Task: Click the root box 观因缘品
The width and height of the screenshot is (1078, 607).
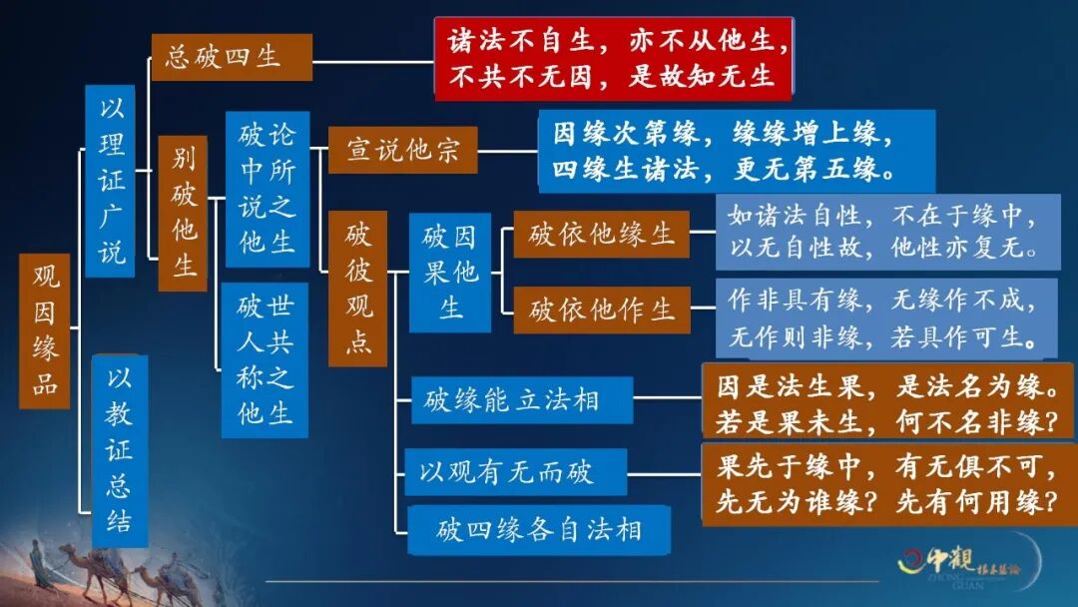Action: coord(45,330)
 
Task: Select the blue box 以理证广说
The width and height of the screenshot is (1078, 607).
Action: coord(110,180)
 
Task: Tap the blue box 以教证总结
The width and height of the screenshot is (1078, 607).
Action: coord(119,450)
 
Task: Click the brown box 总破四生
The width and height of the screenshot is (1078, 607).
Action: coord(231,57)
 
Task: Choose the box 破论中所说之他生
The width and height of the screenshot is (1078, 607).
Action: coord(267,189)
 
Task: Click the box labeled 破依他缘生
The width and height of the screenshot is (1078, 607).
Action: coord(601,235)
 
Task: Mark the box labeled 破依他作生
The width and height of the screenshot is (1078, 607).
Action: coord(601,309)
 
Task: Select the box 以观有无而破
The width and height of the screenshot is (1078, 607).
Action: coord(515,471)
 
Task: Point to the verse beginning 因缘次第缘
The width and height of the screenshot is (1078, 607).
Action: coord(737,151)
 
